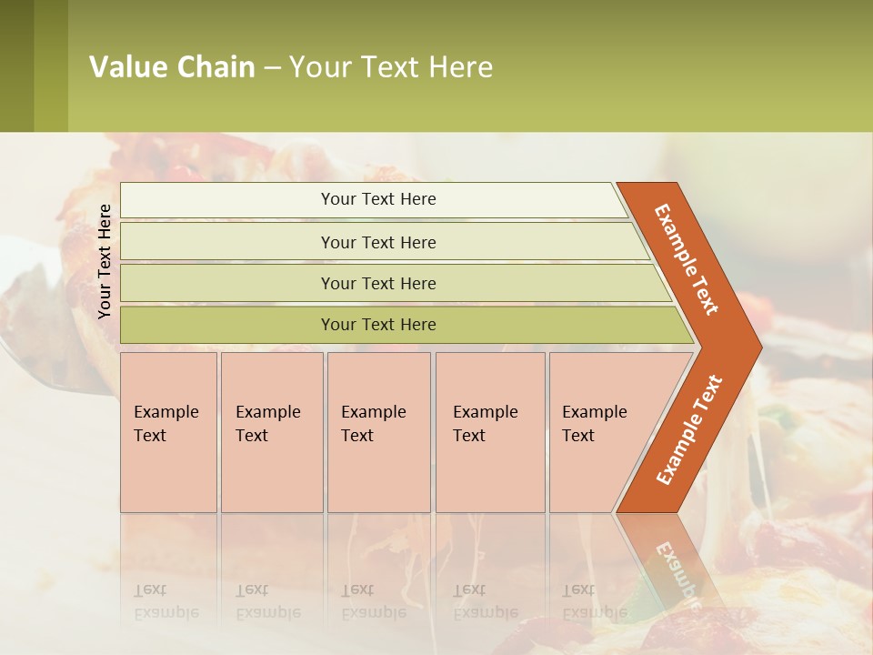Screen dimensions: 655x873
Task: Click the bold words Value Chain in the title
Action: click(172, 67)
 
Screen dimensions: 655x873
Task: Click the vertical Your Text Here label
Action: click(105, 261)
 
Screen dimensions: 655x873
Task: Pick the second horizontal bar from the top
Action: click(378, 242)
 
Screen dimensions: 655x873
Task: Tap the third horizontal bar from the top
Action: click(378, 283)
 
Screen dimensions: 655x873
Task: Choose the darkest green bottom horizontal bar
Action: click(378, 325)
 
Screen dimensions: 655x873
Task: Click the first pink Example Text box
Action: click(168, 432)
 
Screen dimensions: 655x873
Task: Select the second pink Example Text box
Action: click(271, 432)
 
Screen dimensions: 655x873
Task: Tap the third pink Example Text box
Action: click(378, 432)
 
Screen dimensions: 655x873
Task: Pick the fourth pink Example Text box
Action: click(489, 432)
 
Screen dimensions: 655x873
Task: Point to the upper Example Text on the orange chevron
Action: click(687, 259)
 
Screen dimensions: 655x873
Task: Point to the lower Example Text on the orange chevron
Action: click(689, 429)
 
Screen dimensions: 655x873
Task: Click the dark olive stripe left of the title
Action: click(16, 65)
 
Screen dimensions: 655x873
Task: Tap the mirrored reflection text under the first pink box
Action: click(166, 601)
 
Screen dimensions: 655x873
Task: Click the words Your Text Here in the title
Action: click(391, 67)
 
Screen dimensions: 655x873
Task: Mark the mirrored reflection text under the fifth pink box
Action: click(594, 601)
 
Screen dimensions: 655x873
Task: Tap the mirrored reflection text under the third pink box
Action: click(373, 601)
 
